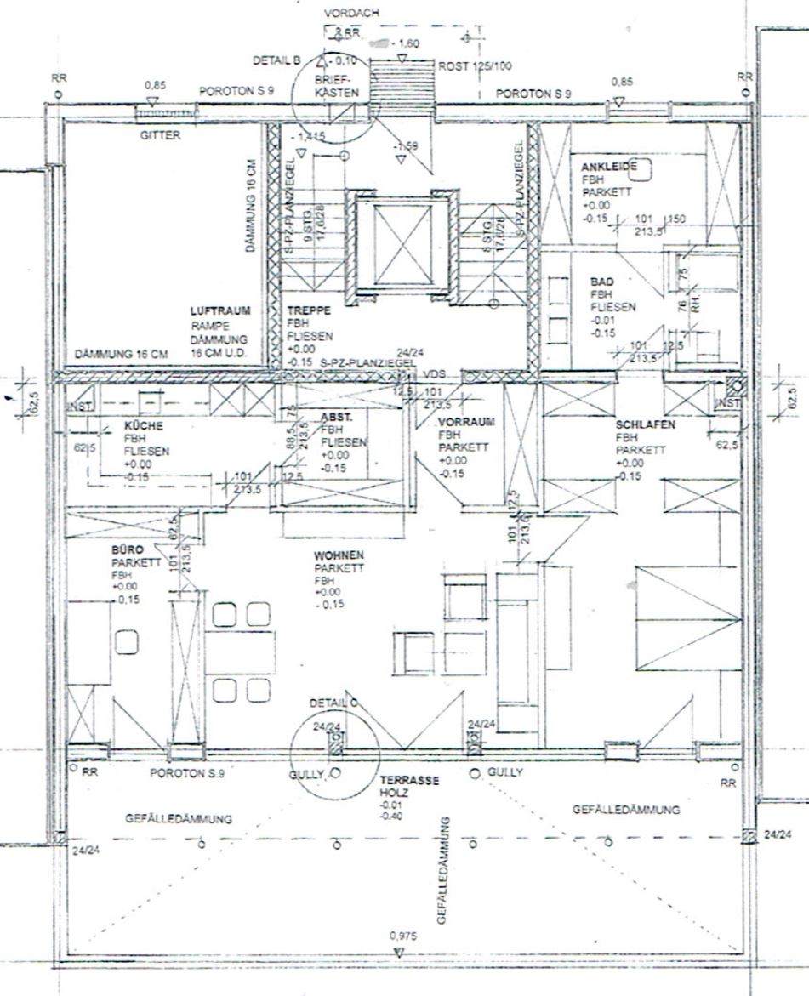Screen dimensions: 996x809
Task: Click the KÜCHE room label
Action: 143,426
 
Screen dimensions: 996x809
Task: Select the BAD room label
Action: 601,281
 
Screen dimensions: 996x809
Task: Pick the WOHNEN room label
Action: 339,555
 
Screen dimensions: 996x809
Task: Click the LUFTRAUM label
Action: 220,312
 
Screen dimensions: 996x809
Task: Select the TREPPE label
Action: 305,312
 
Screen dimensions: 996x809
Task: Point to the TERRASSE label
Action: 408,779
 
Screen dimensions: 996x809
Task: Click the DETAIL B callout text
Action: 277,61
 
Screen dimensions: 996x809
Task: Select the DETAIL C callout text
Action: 333,704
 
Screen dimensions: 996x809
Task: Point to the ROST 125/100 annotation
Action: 476,65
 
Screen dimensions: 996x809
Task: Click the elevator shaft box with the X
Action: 398,242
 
